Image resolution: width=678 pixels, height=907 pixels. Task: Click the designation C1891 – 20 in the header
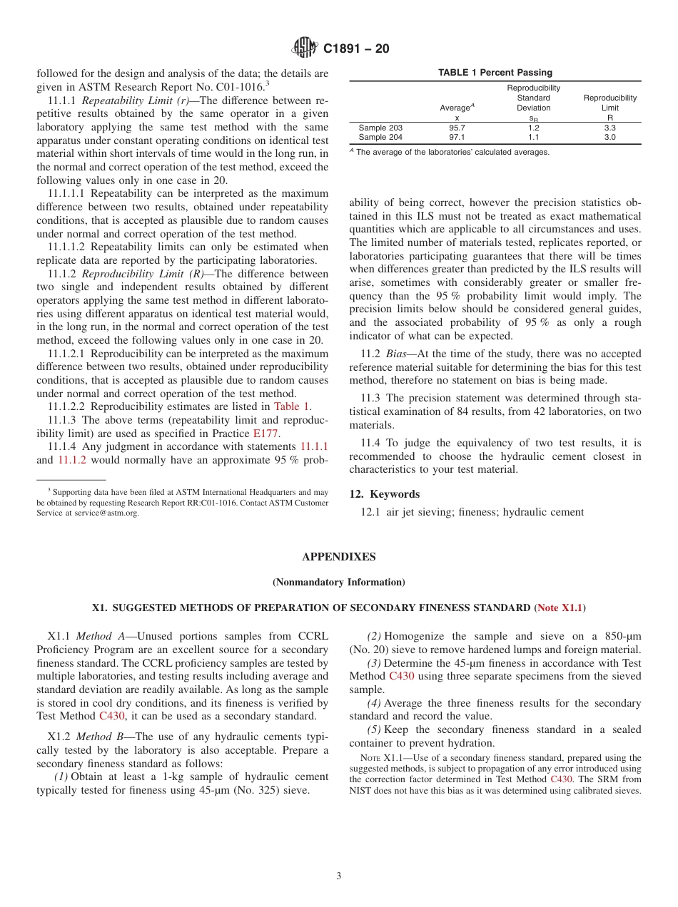coord(356,49)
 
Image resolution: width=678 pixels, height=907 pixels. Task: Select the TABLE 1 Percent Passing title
coord(495,73)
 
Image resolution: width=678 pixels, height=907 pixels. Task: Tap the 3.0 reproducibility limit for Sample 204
coord(609,137)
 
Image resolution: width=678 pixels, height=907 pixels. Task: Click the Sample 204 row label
coord(380,137)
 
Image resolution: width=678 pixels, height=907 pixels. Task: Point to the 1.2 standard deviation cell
coord(533,128)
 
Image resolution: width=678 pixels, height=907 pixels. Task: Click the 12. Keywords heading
coord(384,494)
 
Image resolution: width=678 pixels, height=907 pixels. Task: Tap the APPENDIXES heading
coord(338,557)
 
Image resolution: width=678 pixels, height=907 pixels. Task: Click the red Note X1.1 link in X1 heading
coord(560,608)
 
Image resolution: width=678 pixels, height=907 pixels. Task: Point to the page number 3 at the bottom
coord(339,876)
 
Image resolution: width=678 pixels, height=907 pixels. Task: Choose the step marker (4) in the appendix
coord(374,703)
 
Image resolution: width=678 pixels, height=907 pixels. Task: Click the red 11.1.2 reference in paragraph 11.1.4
coord(72,460)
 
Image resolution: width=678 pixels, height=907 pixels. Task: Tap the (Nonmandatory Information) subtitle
coord(338,582)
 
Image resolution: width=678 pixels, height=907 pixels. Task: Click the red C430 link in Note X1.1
coord(561,779)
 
